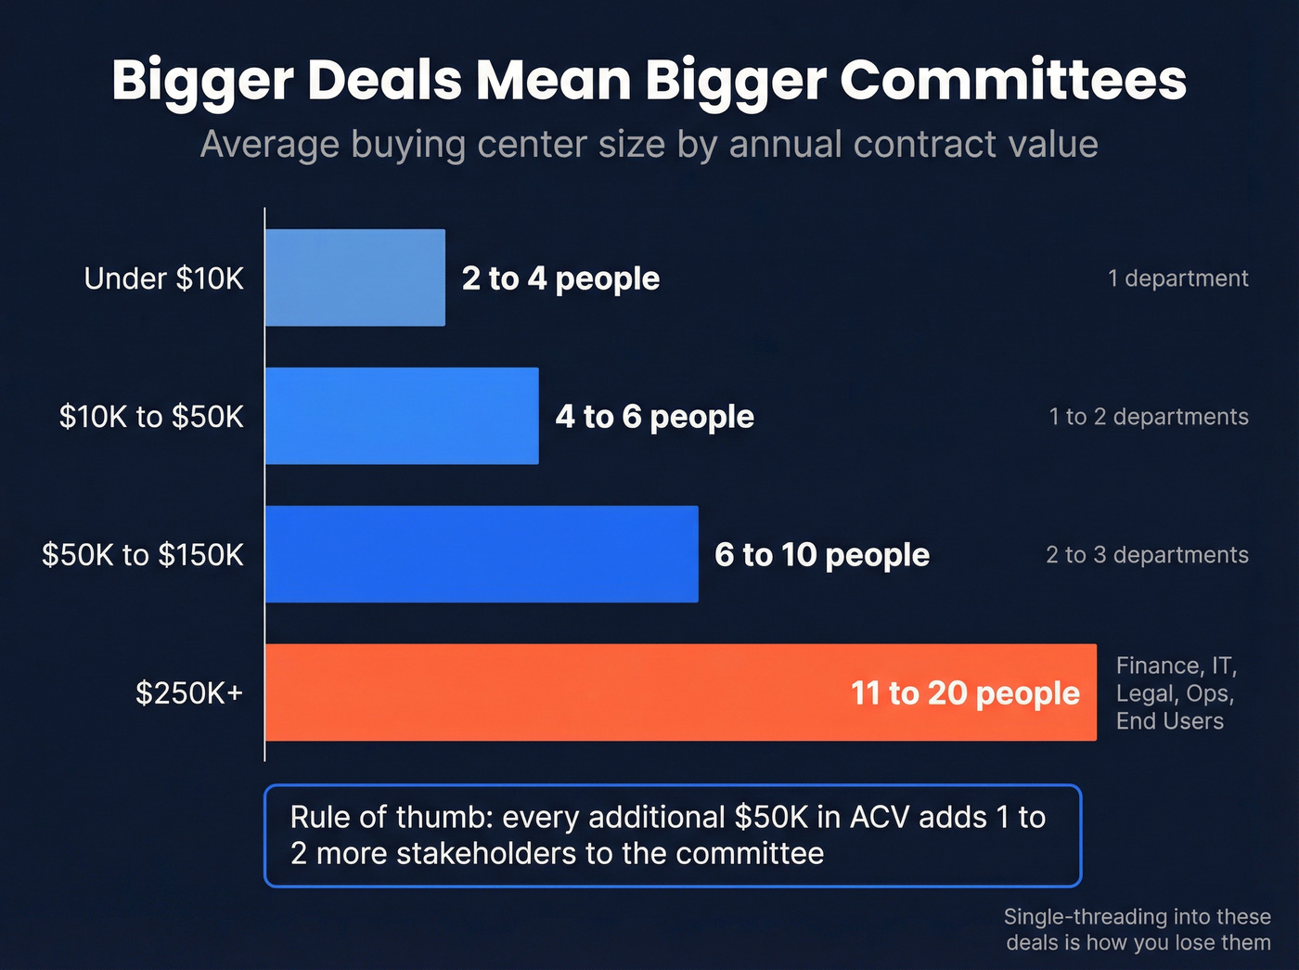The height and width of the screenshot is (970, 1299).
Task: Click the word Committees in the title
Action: (1012, 80)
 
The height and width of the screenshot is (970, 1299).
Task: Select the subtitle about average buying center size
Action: (649, 145)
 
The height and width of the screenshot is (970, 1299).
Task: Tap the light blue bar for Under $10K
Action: (354, 278)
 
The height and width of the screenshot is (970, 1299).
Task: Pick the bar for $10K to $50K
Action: (401, 416)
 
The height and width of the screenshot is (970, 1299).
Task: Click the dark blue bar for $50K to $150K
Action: (481, 554)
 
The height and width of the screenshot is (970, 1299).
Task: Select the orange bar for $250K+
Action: (557, 692)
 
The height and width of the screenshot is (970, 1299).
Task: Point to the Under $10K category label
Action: (163, 278)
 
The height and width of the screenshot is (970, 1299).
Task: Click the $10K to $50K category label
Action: (151, 417)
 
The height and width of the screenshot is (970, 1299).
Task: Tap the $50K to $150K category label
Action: (143, 555)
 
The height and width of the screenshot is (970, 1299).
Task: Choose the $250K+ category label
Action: (189, 693)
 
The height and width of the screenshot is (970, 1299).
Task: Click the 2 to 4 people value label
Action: (560, 278)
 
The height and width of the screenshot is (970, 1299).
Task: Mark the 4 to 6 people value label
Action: (654, 417)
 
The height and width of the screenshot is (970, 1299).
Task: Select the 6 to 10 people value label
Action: (821, 555)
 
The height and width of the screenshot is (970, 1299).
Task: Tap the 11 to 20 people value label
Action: (965, 693)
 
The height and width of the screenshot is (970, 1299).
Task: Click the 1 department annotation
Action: (1177, 278)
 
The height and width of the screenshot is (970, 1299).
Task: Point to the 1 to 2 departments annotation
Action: (1149, 417)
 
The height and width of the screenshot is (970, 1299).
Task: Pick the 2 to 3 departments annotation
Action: (1147, 555)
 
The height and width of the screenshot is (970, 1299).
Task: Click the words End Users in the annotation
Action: (1169, 721)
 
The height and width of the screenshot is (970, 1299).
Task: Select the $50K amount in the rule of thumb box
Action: (771, 817)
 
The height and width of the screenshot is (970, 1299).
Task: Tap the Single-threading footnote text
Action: (1137, 929)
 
